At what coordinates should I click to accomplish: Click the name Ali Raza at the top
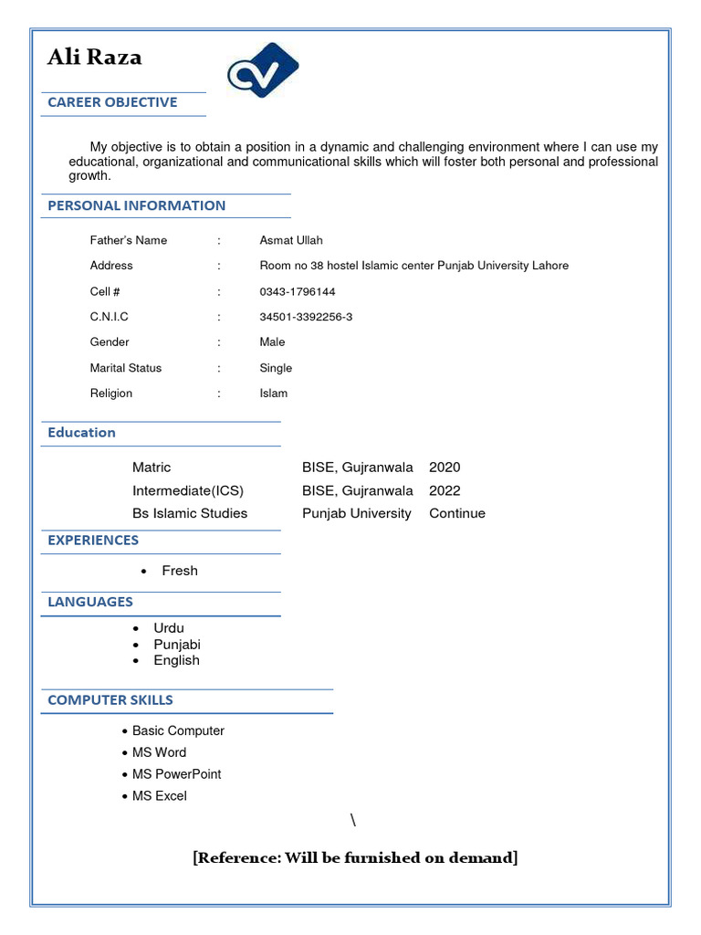point(95,58)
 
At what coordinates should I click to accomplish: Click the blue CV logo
point(263,71)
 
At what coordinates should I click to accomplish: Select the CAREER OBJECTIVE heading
point(112,102)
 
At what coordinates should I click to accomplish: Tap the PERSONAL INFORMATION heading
point(137,205)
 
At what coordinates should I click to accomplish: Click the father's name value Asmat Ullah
point(291,240)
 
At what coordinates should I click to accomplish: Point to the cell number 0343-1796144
point(298,291)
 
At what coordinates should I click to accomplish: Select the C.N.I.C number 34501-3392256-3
point(306,317)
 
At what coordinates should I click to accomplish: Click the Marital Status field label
point(126,368)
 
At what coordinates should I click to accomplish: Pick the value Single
point(276,368)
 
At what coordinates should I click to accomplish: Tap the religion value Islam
point(273,394)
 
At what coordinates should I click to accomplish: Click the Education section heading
point(82,433)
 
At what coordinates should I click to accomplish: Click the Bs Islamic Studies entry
point(190,513)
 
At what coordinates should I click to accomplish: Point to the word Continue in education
point(457,513)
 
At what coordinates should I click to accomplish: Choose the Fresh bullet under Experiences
point(179,571)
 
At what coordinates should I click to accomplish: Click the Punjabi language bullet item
point(177,645)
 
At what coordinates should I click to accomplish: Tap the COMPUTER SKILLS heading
point(110,700)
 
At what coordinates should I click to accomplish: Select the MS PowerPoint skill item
point(176,774)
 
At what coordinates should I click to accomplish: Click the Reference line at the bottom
point(355,857)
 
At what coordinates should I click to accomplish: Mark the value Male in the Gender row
point(272,342)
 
